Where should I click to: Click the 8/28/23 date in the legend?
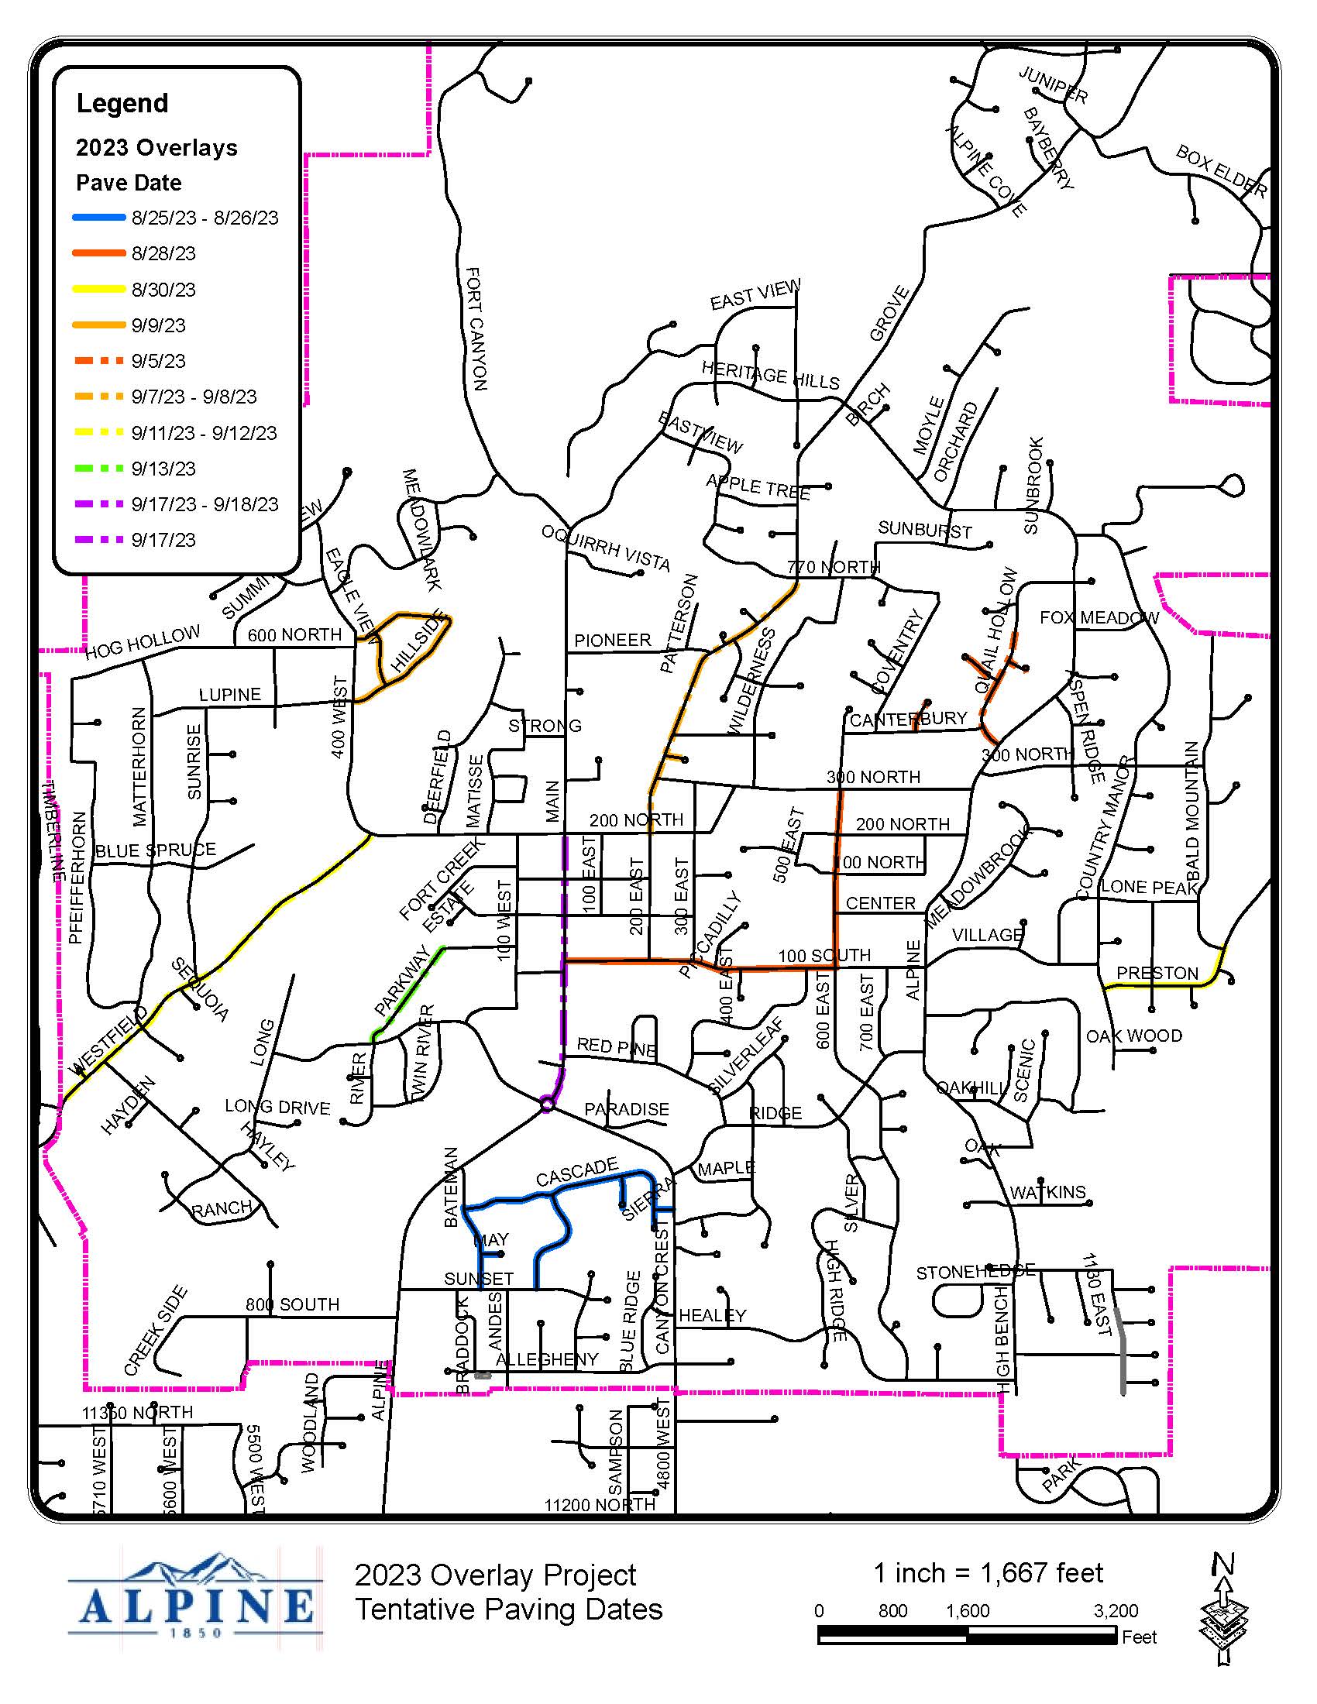163,253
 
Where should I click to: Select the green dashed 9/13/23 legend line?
98,468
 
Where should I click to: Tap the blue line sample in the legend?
98,218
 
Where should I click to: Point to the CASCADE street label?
576,1172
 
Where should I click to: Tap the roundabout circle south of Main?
547,1104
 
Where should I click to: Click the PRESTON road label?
1157,973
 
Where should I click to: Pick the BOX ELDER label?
1221,173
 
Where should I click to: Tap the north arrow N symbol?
1222,1565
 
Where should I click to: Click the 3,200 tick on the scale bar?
1115,1611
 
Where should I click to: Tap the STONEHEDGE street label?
975,1272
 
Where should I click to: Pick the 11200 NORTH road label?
599,1505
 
